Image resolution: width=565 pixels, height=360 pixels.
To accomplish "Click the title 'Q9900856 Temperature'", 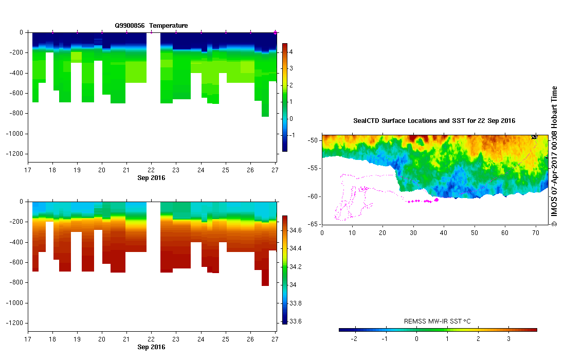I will tap(151, 25).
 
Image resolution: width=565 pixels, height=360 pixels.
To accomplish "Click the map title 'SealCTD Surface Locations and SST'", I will tap(434, 121).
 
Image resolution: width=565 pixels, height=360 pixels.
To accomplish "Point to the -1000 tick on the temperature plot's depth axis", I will tap(15, 134).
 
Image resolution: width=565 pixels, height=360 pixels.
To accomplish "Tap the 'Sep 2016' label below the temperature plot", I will tap(151, 178).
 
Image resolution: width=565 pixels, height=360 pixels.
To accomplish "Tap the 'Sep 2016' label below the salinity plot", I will tap(151, 347).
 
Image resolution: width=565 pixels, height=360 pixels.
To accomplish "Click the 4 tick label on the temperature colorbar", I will tap(290, 52).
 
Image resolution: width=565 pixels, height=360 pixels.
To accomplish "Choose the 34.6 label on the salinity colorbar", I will tap(296, 230).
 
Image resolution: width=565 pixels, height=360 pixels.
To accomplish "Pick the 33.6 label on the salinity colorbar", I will tap(296, 321).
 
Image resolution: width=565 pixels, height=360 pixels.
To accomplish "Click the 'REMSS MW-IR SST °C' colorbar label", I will tap(438, 321).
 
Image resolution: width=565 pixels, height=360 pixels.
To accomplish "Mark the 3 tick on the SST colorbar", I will tap(509, 339).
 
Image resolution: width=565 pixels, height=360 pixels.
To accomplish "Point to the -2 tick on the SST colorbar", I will tap(353, 339).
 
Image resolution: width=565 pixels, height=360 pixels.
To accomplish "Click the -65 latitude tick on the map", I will tap(312, 224).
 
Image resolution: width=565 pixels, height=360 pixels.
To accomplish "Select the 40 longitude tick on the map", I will tap(444, 232).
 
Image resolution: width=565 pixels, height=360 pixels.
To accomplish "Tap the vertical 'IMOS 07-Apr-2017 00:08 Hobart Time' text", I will tap(554, 156).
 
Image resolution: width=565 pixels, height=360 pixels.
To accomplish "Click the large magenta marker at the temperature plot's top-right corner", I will tap(276, 32).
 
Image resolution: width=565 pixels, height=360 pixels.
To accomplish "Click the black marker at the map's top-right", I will tap(534, 137).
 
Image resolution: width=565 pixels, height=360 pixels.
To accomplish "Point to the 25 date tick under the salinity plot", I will tap(226, 339).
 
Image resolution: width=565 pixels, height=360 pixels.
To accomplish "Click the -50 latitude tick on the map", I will tap(312, 140).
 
